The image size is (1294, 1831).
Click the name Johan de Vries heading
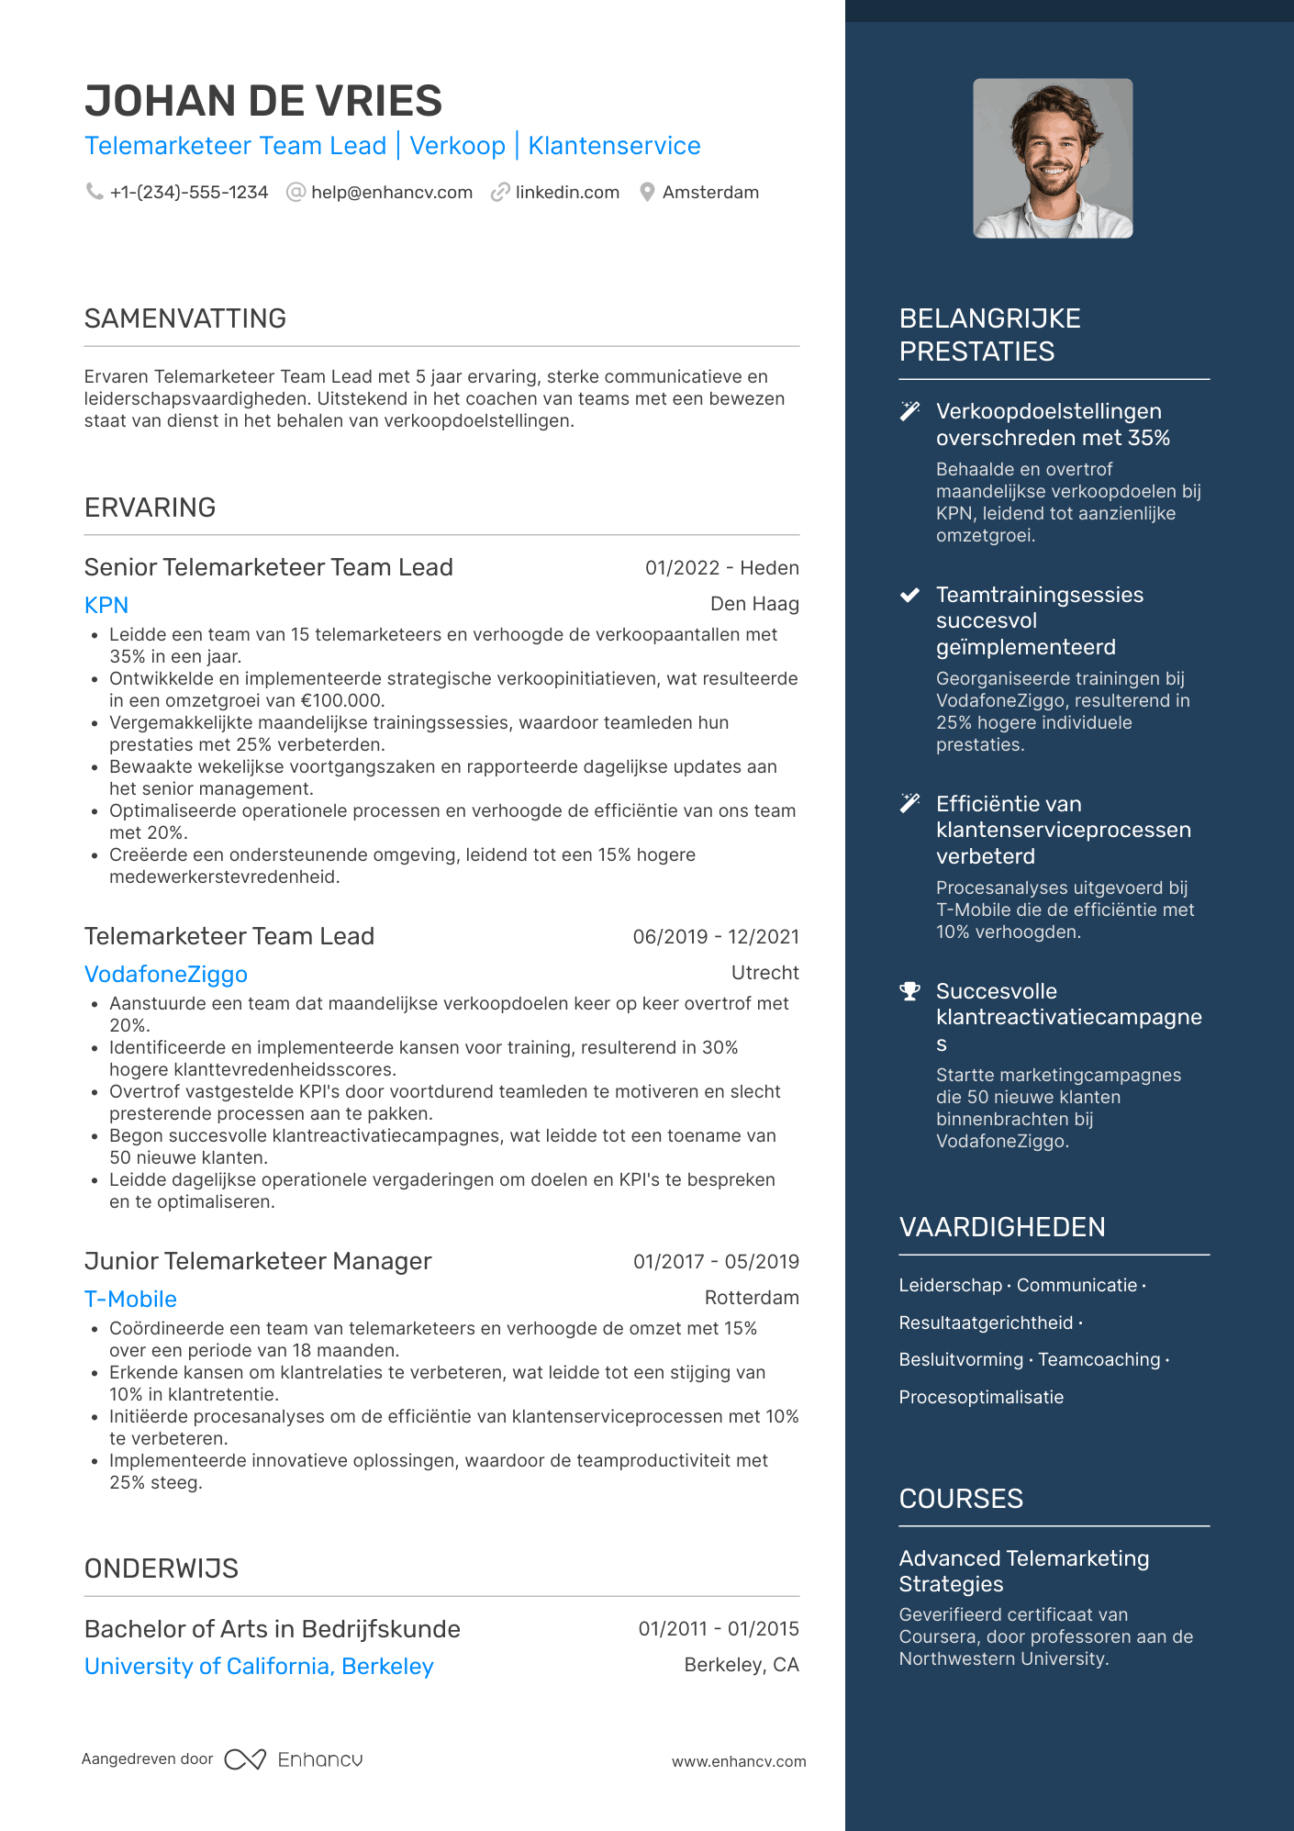click(263, 101)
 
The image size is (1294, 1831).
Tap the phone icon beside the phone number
click(94, 192)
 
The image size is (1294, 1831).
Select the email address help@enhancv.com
click(392, 193)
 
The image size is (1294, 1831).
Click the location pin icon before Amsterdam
click(647, 193)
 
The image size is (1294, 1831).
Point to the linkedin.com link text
click(567, 193)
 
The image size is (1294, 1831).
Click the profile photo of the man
click(1053, 158)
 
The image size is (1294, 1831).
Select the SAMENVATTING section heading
click(185, 318)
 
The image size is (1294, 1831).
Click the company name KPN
click(106, 606)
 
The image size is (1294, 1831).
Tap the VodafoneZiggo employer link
click(166, 975)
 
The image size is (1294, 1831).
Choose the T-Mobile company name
click(130, 1300)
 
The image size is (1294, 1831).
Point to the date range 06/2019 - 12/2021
click(716, 937)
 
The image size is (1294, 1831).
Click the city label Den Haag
click(754, 604)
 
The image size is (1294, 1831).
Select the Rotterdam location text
click(752, 1298)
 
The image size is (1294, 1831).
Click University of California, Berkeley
click(259, 1667)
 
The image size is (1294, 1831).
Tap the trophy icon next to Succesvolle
click(909, 991)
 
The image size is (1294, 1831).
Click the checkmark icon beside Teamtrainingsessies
click(909, 595)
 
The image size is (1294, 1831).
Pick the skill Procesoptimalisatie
click(981, 1397)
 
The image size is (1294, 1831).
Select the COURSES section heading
click(961, 1499)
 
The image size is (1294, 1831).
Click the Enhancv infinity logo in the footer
click(245, 1759)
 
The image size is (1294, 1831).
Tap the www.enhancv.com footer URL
click(739, 1762)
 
